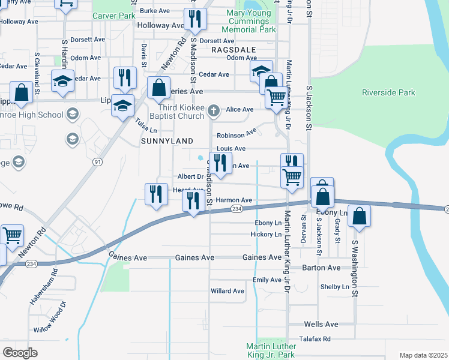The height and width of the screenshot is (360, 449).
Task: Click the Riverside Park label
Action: pyautogui.click(x=388, y=92)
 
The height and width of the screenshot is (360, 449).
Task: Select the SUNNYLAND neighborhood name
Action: pyautogui.click(x=167, y=140)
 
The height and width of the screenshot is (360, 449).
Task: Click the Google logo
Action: pyautogui.click(x=20, y=352)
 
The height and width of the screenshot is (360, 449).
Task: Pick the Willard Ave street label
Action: pyautogui.click(x=227, y=291)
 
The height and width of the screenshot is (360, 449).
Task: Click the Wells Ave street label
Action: pyautogui.click(x=321, y=324)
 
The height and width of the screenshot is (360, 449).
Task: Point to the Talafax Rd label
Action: pyautogui.click(x=318, y=338)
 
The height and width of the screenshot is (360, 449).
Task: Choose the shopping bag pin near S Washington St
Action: pyautogui.click(x=359, y=217)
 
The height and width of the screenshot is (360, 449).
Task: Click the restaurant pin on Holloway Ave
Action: pyautogui.click(x=194, y=20)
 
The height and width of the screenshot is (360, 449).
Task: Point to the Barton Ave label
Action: pyautogui.click(x=321, y=268)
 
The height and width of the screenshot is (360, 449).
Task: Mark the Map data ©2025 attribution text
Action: pyautogui.click(x=423, y=355)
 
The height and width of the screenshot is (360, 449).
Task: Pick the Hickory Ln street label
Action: pyautogui.click(x=266, y=234)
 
